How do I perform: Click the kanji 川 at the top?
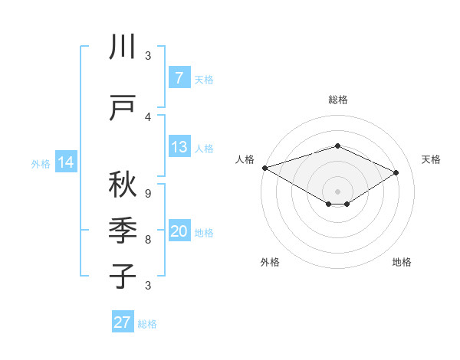(x=123, y=47)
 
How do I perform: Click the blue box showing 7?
(x=179, y=78)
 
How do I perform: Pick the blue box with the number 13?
(x=179, y=147)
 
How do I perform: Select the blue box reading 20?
(x=179, y=232)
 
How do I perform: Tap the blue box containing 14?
(x=66, y=162)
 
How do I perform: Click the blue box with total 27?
(x=123, y=322)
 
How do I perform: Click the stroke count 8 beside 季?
(x=147, y=240)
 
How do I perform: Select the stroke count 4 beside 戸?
(x=147, y=116)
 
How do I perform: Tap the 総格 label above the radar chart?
(x=337, y=100)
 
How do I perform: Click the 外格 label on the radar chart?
(x=269, y=262)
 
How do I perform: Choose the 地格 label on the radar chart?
(x=402, y=262)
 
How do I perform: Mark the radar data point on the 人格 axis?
(x=264, y=167)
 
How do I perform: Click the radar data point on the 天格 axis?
(x=396, y=172)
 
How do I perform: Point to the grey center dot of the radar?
(x=337, y=191)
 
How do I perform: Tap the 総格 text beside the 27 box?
(x=147, y=324)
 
